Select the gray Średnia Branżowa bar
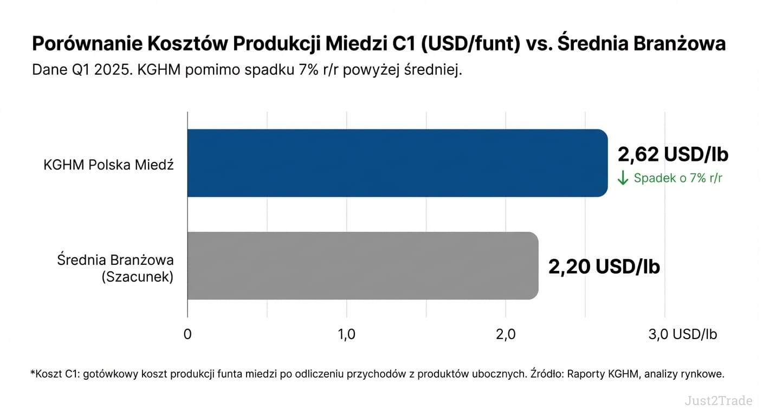tap(363, 265)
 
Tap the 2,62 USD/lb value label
tap(673, 154)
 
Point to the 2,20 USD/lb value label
tap(604, 266)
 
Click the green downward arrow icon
tap(623, 178)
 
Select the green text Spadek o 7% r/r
tap(678, 178)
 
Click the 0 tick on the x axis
tap(187, 334)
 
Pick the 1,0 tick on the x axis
tap(346, 334)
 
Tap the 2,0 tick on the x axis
tap(505, 334)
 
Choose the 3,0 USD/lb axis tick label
tap(683, 334)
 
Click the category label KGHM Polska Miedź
tap(108, 165)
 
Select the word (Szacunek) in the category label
tap(137, 277)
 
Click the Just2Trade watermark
tap(718, 401)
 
